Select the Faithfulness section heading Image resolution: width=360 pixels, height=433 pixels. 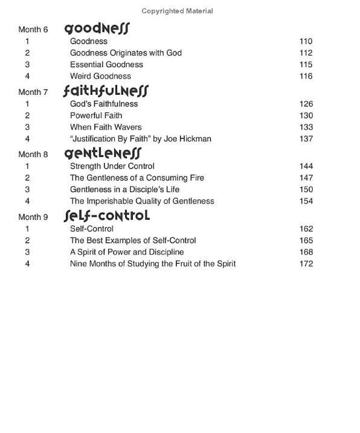[106, 92]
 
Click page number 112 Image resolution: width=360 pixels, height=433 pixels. [306, 53]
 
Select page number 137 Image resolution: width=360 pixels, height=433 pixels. [306, 139]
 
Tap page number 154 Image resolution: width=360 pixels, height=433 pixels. [306, 201]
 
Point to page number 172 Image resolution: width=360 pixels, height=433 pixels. [306, 264]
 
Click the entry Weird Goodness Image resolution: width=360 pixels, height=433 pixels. [100, 76]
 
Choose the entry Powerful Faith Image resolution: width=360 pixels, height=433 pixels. [96, 115]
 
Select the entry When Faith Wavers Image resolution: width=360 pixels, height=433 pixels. [106, 127]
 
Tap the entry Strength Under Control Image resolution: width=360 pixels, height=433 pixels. [112, 166]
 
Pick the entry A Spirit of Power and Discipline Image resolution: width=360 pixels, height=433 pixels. [127, 252]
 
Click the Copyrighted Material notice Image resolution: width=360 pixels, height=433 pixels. [177, 11]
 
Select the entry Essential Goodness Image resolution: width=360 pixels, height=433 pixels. [106, 65]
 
